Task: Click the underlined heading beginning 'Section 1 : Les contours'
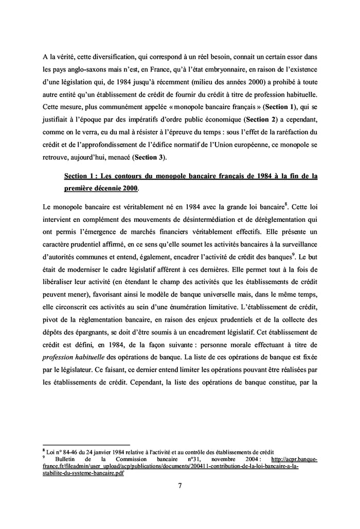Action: point(190,176)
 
